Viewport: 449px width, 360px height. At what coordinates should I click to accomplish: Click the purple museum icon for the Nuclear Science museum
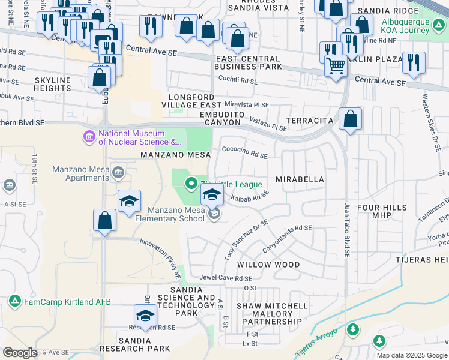[89, 137]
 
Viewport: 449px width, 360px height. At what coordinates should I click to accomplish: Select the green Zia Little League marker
[191, 184]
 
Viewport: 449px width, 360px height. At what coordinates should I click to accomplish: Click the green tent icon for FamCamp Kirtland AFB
[15, 301]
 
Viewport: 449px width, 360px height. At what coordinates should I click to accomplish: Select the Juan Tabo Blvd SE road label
[346, 231]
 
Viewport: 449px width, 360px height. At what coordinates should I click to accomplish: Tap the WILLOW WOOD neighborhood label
[268, 265]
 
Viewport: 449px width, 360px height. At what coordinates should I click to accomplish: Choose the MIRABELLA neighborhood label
[300, 179]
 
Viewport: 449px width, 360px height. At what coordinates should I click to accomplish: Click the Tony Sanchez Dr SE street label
[246, 240]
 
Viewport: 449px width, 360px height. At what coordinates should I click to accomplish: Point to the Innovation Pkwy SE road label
[161, 259]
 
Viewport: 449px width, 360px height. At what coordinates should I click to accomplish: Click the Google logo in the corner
[20, 353]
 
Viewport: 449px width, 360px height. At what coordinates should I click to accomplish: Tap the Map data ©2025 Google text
[412, 355]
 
